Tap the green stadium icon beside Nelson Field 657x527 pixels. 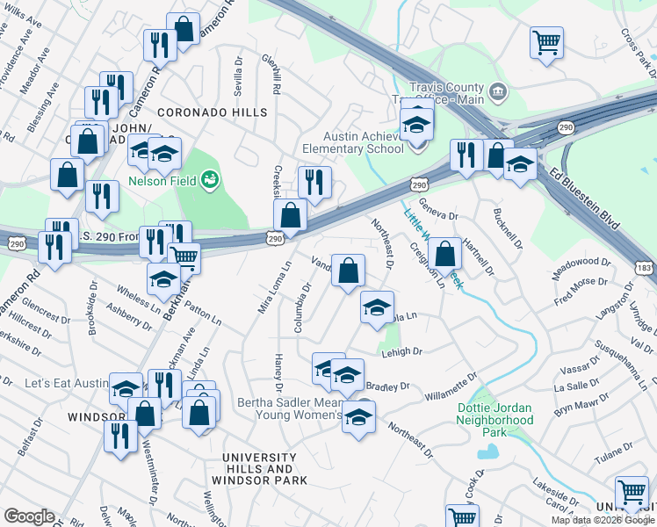click(x=209, y=181)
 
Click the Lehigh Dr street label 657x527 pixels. click(x=402, y=351)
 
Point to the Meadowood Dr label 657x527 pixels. click(x=581, y=262)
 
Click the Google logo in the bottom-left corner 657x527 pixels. click(x=29, y=516)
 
